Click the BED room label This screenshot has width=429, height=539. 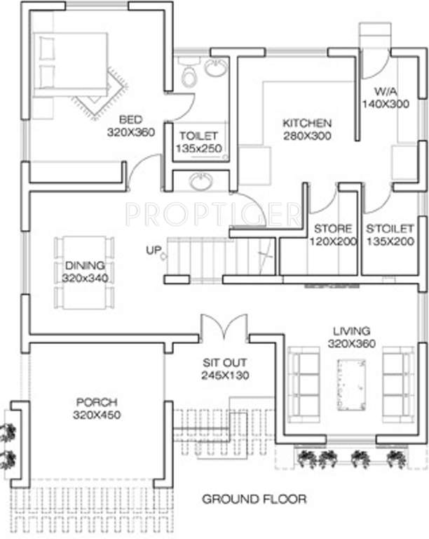coord(130,119)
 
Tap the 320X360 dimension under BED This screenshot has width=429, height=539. coord(130,131)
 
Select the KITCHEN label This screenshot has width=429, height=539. coord(307,124)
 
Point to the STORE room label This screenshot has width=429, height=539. coord(333,229)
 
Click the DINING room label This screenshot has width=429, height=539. coord(85,265)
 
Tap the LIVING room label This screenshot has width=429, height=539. coord(352,331)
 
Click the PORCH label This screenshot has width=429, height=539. coord(96,402)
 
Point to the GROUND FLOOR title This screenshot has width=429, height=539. coord(254,500)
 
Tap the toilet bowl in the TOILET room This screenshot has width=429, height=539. coord(188,76)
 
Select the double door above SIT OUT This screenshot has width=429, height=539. coord(224,328)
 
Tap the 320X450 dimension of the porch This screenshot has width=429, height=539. coord(96,415)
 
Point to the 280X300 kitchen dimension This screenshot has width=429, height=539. coord(307,136)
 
